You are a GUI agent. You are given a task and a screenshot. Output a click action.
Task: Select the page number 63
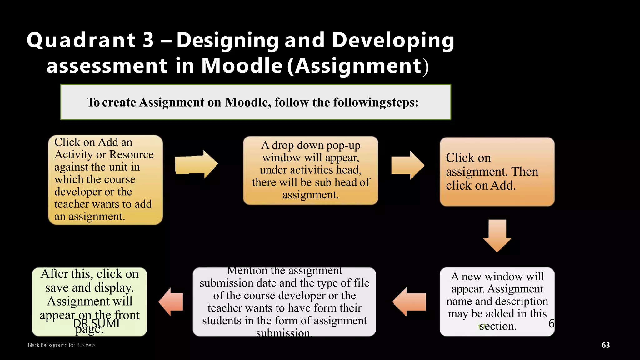click(x=606, y=345)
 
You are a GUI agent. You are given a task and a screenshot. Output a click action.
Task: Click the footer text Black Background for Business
click(x=62, y=345)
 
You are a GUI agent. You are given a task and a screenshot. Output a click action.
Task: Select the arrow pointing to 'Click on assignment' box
click(x=407, y=165)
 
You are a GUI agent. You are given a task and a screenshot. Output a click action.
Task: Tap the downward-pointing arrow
click(x=497, y=236)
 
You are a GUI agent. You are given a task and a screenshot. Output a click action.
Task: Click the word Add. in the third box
click(x=503, y=186)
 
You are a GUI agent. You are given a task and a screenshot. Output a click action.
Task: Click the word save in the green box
click(x=55, y=287)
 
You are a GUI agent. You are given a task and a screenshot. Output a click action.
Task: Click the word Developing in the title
click(x=393, y=41)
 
